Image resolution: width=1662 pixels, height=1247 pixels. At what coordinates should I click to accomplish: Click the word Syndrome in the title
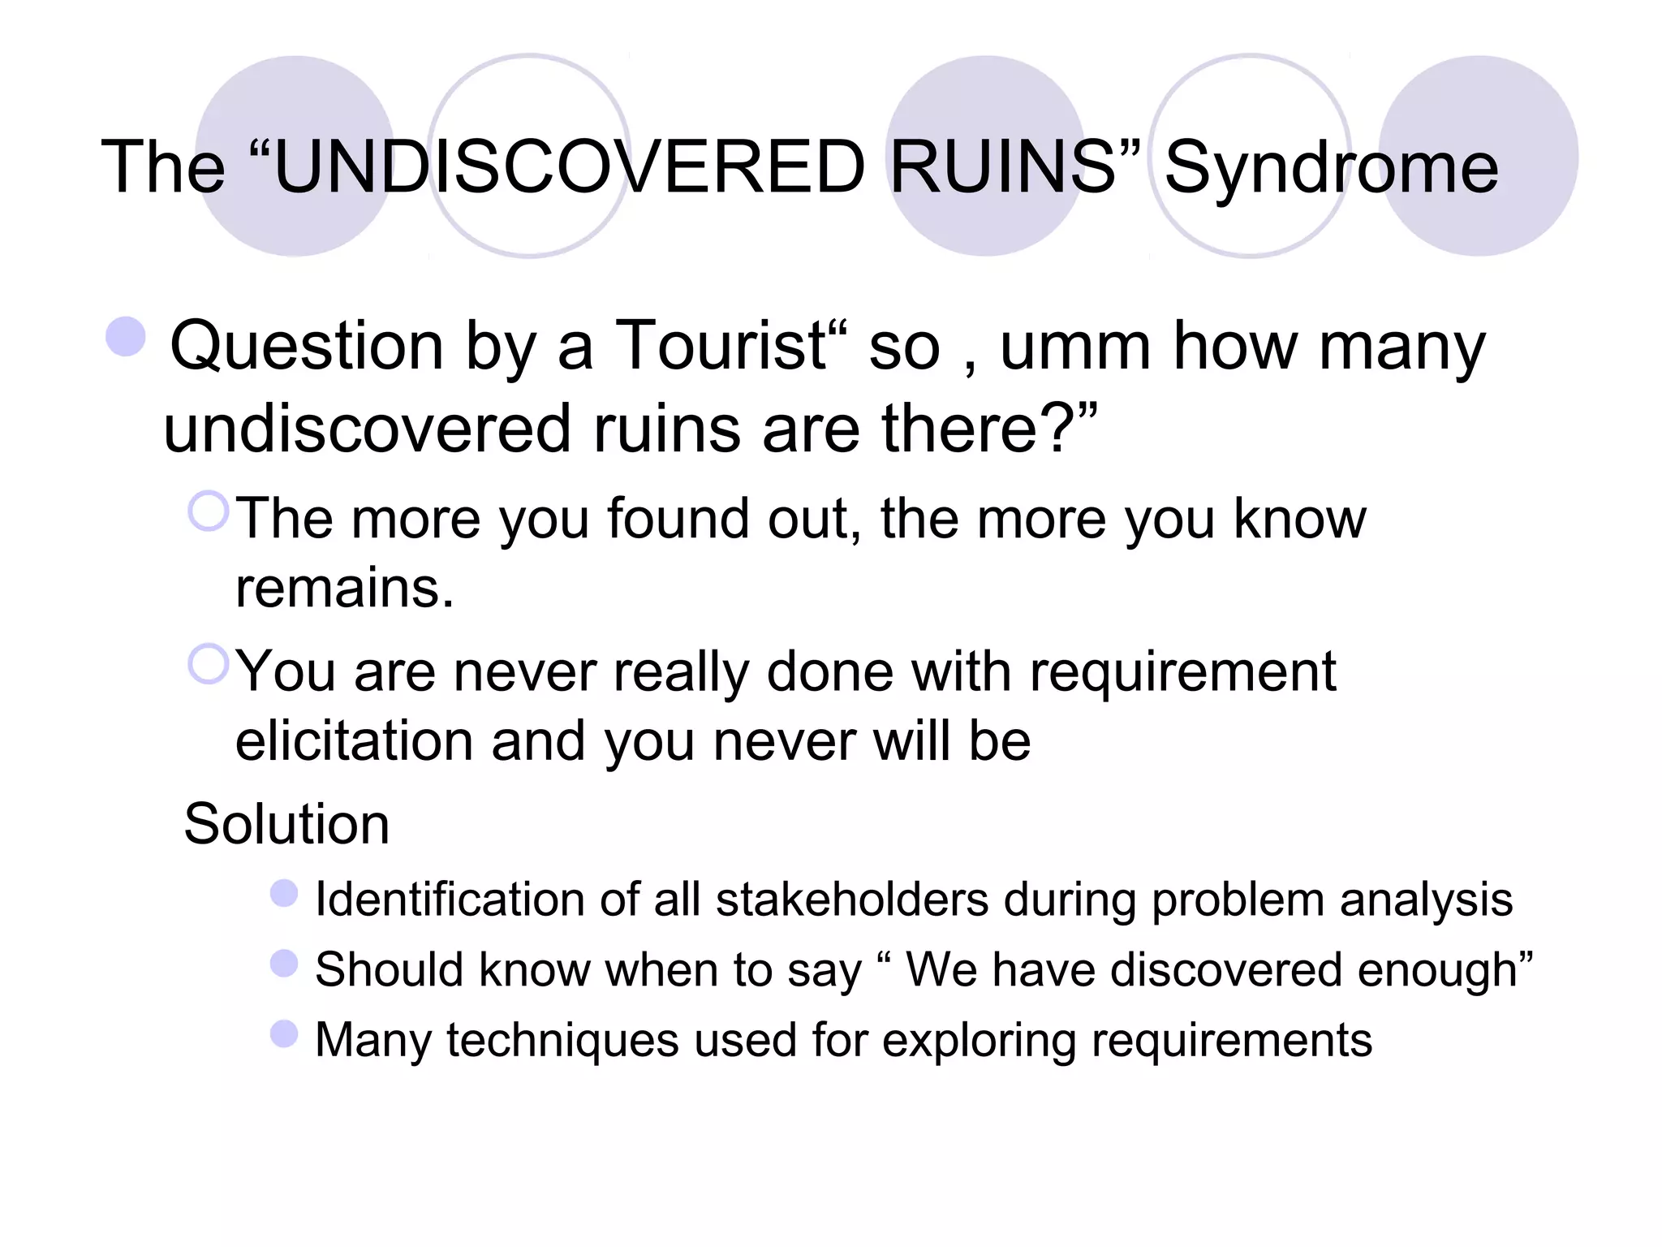coord(1331,168)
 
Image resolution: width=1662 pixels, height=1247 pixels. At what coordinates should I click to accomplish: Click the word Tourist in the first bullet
coord(721,346)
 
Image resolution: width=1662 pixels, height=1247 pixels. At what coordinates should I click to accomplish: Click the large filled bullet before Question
coord(126,336)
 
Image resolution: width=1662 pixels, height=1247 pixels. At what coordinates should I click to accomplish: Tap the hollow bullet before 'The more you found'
coord(209,511)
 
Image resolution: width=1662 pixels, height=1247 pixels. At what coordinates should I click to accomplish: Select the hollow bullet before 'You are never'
coord(209,664)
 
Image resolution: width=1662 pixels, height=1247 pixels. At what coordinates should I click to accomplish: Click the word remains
coord(344,588)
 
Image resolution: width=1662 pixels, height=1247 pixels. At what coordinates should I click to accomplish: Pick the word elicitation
coord(353,741)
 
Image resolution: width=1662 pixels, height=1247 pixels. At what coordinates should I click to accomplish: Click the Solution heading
coord(286,824)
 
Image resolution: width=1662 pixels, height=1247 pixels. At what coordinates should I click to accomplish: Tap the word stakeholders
coord(852,900)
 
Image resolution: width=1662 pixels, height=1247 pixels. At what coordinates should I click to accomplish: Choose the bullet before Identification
coord(284,894)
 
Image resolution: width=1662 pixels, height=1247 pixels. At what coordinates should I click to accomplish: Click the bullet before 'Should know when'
coord(284,964)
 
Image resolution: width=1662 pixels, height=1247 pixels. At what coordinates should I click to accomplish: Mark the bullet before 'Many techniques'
coord(284,1034)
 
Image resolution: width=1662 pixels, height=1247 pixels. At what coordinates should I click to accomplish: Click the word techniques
coord(562,1040)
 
